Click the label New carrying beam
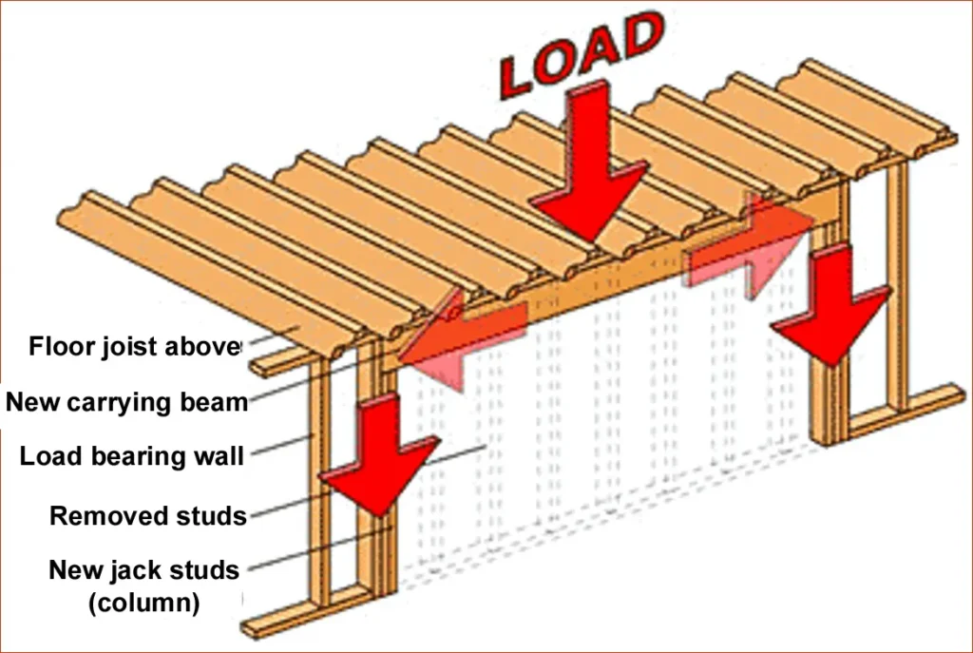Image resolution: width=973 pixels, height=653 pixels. coord(126,402)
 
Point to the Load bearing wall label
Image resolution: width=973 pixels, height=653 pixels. coord(132,456)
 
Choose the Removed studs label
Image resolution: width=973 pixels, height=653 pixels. coord(148,516)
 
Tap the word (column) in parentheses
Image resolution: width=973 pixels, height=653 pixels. coord(143,603)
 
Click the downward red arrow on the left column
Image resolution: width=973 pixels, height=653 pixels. coord(379,456)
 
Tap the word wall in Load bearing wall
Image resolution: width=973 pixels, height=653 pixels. coord(219,456)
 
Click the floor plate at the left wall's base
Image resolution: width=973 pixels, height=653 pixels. coord(304,612)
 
